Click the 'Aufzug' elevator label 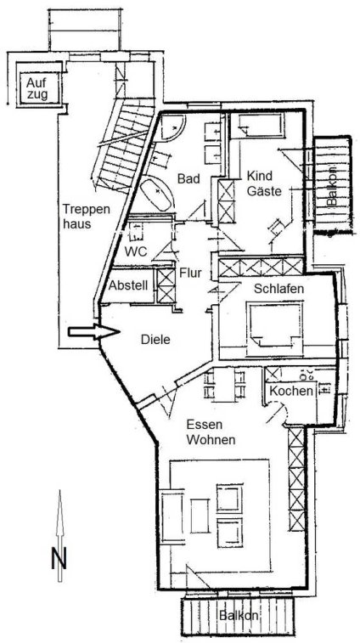[37, 88]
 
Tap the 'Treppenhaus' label [87, 216]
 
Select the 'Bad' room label [188, 178]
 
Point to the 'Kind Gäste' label [264, 183]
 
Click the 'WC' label [137, 251]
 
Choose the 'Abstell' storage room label [129, 285]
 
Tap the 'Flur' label [191, 273]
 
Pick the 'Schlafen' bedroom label [278, 288]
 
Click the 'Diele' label [155, 340]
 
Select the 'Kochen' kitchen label [290, 391]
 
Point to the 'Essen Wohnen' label [211, 431]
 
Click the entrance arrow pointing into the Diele [94, 332]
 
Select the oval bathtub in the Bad [156, 196]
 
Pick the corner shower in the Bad [172, 127]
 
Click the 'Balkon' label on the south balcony [239, 616]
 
